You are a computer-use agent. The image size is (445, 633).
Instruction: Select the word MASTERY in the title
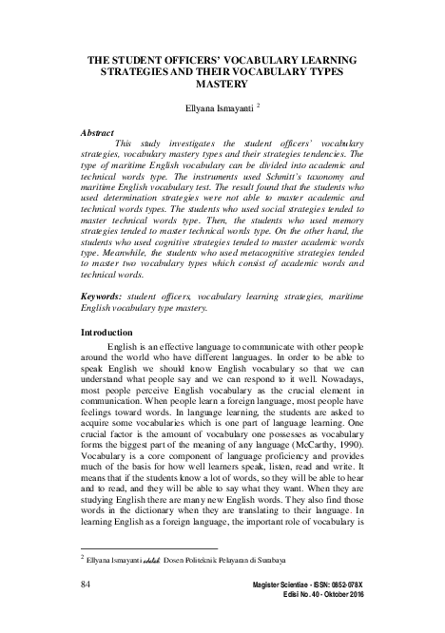(222, 85)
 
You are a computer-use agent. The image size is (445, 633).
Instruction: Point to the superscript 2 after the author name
(259, 106)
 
